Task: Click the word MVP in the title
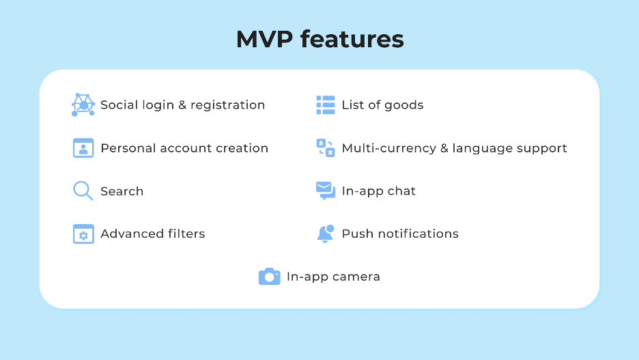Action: [x=264, y=39]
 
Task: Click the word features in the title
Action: [x=352, y=39]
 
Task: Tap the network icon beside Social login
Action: [x=83, y=105]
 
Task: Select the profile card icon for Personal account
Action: [x=83, y=148]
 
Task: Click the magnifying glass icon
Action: [x=83, y=191]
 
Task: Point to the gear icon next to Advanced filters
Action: [x=83, y=234]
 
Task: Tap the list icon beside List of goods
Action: [x=326, y=105]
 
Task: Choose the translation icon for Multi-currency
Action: [x=326, y=148]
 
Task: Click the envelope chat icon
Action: [x=326, y=191]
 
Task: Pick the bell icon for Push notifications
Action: [x=326, y=234]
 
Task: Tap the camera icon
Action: [x=270, y=277]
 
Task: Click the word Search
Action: [x=122, y=191]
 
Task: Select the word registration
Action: [x=228, y=106]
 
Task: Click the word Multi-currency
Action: [x=389, y=148]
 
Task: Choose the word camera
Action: [x=356, y=277]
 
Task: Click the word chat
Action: [x=401, y=191]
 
